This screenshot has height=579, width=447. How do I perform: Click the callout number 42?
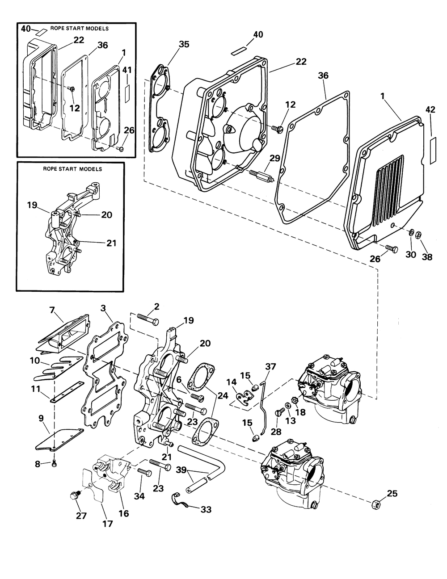pyautogui.click(x=430, y=109)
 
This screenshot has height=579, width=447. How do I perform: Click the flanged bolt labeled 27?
pyautogui.click(x=74, y=495)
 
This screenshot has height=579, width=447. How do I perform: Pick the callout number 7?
pyautogui.click(x=52, y=310)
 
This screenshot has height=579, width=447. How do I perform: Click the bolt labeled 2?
pyautogui.click(x=148, y=319)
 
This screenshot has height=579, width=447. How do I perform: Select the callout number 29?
pyautogui.click(x=275, y=158)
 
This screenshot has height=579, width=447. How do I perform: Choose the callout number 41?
pyautogui.click(x=127, y=70)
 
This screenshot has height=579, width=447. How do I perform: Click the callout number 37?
pyautogui.click(x=271, y=366)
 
